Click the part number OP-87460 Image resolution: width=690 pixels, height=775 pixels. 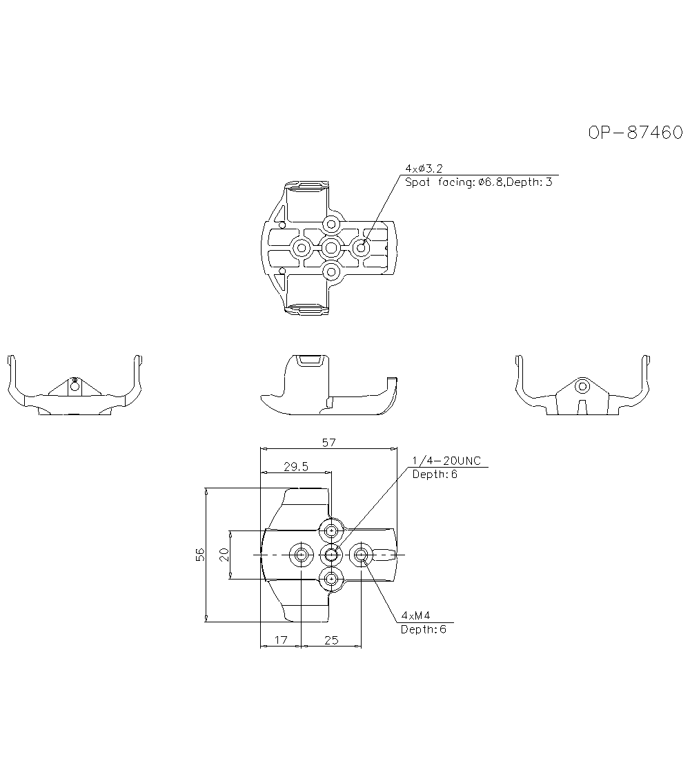[635, 133]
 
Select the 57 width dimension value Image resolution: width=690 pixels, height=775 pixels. [328, 442]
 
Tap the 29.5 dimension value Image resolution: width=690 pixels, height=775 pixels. [296, 466]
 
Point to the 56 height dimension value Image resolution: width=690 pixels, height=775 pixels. [200, 555]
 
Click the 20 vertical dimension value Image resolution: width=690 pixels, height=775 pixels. [224, 555]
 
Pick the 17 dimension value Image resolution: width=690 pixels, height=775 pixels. [281, 640]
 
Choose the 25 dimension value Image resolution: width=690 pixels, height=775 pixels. [332, 640]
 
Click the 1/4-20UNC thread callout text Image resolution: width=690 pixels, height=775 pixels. [446, 461]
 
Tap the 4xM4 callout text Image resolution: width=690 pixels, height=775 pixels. [415, 615]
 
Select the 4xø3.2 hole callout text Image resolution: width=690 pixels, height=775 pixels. [424, 169]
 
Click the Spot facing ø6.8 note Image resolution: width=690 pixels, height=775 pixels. [479, 182]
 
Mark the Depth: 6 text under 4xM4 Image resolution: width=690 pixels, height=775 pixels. [424, 629]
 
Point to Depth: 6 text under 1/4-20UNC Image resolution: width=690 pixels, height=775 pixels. [435, 474]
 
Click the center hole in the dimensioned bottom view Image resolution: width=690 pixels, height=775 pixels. [332, 555]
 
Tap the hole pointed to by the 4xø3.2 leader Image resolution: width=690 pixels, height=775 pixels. [362, 247]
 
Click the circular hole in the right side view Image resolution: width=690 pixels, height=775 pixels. [582, 386]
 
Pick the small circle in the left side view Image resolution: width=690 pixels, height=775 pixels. [75, 387]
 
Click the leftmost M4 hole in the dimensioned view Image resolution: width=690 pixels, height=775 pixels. [301, 555]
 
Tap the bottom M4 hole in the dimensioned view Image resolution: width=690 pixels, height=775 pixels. [332, 579]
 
